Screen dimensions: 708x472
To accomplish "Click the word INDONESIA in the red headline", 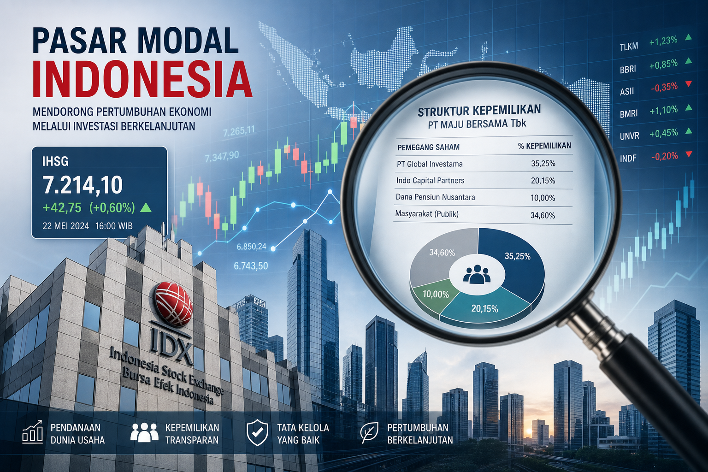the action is coord(143,79).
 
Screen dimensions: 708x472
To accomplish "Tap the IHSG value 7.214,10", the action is coord(83,185).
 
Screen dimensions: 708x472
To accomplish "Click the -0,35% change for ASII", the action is coord(664,87).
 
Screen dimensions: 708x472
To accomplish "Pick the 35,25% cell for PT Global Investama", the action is coord(543,164).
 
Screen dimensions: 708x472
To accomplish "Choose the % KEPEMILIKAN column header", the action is coord(544,146).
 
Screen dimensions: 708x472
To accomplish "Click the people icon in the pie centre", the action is coord(477,274).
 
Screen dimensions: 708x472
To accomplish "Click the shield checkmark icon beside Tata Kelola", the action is coord(258,432).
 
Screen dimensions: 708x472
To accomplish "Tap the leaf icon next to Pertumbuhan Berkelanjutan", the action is coord(370,432).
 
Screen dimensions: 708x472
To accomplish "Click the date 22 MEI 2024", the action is coord(66,226).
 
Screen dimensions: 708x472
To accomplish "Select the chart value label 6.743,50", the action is coord(251,266).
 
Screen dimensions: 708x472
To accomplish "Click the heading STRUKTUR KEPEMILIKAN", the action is coord(479,110).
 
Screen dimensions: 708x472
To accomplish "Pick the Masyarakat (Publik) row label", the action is coord(427,214).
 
